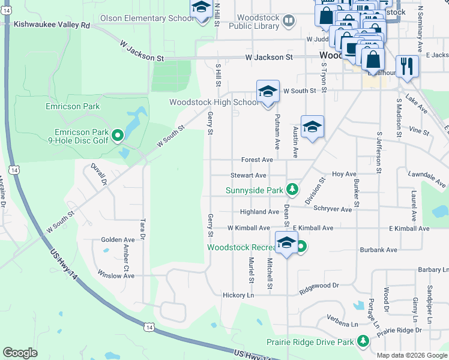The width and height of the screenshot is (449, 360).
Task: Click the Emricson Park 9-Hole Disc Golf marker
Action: coord(118,135)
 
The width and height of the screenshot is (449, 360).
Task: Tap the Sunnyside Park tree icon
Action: coord(292,190)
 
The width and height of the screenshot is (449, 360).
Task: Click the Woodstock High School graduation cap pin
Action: coord(268,92)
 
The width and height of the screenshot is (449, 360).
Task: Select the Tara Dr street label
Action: coord(143,228)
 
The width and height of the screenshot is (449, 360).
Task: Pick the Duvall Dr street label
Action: coord(98,173)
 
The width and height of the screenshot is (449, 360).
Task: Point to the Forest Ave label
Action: coord(257,160)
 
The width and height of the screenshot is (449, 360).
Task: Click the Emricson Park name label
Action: coord(72,106)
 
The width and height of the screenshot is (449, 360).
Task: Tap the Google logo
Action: coord(20,353)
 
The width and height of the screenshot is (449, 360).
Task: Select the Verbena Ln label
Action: coord(342,324)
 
